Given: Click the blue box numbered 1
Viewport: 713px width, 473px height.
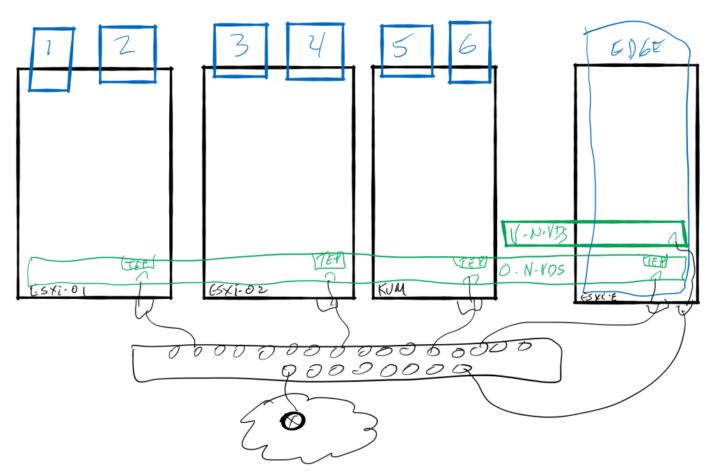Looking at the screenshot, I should click(x=50, y=59).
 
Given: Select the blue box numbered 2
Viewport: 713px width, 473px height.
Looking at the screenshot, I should click(x=126, y=54).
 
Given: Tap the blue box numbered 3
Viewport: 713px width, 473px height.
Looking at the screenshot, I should click(x=240, y=50).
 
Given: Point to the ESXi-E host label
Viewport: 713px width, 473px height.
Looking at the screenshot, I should click(x=595, y=298).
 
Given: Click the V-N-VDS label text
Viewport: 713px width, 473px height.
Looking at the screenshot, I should click(x=535, y=234).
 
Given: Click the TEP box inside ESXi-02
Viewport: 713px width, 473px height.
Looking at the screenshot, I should click(x=330, y=261).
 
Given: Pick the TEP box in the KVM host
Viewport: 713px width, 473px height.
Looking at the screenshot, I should click(x=471, y=263).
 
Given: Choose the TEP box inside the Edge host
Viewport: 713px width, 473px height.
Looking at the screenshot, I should click(x=655, y=262).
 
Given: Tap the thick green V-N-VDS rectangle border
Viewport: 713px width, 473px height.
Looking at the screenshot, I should click(x=592, y=222).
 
